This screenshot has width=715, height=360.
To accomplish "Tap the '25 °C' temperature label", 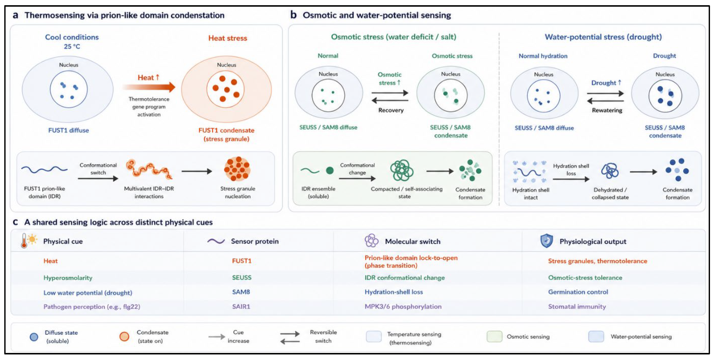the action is pyautogui.click(x=72, y=47).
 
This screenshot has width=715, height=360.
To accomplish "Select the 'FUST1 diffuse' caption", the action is pyautogui.click(x=68, y=130).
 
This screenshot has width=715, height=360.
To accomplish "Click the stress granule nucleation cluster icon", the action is pyautogui.click(x=237, y=169).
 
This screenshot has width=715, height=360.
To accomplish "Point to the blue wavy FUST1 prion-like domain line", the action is pyautogui.click(x=44, y=169).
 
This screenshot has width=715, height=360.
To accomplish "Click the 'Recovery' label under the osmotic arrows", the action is pyautogui.click(x=391, y=110).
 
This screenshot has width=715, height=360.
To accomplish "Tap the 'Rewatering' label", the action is pyautogui.click(x=607, y=110).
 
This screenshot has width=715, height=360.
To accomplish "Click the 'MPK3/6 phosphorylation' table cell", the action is pyautogui.click(x=403, y=306).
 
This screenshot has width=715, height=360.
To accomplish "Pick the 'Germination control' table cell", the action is pyautogui.click(x=578, y=292).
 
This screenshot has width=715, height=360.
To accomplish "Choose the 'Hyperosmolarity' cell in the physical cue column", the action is pyautogui.click(x=68, y=278).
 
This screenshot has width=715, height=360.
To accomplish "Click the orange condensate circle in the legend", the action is pyautogui.click(x=124, y=336).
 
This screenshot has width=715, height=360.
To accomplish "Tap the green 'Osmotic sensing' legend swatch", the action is pyautogui.click(x=494, y=336).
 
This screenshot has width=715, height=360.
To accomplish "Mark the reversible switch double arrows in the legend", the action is pyautogui.click(x=290, y=337).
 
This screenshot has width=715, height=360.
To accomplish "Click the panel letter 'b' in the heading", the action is pyautogui.click(x=293, y=15).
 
